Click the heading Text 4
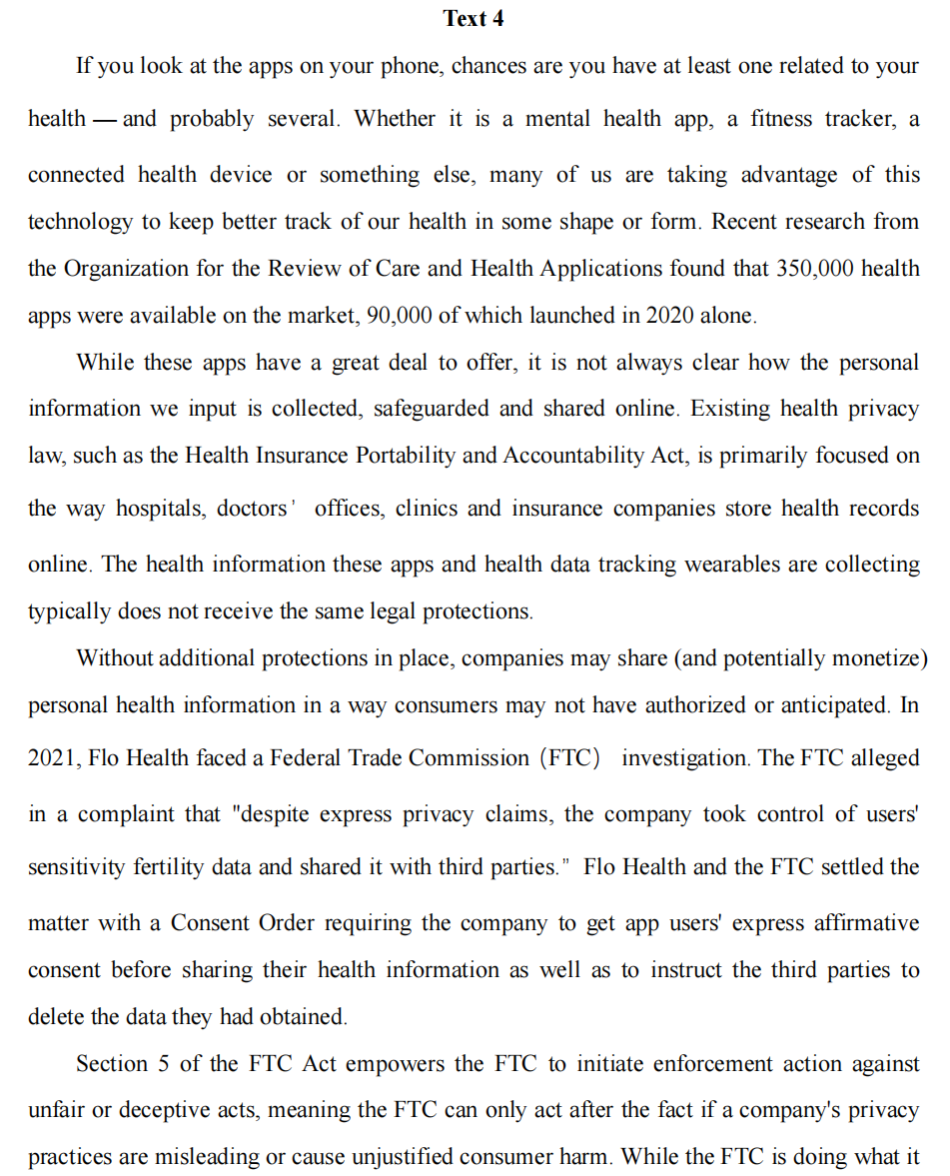coord(475,18)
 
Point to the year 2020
coord(672,316)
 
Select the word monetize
coord(877,658)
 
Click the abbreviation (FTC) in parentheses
coord(570,758)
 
